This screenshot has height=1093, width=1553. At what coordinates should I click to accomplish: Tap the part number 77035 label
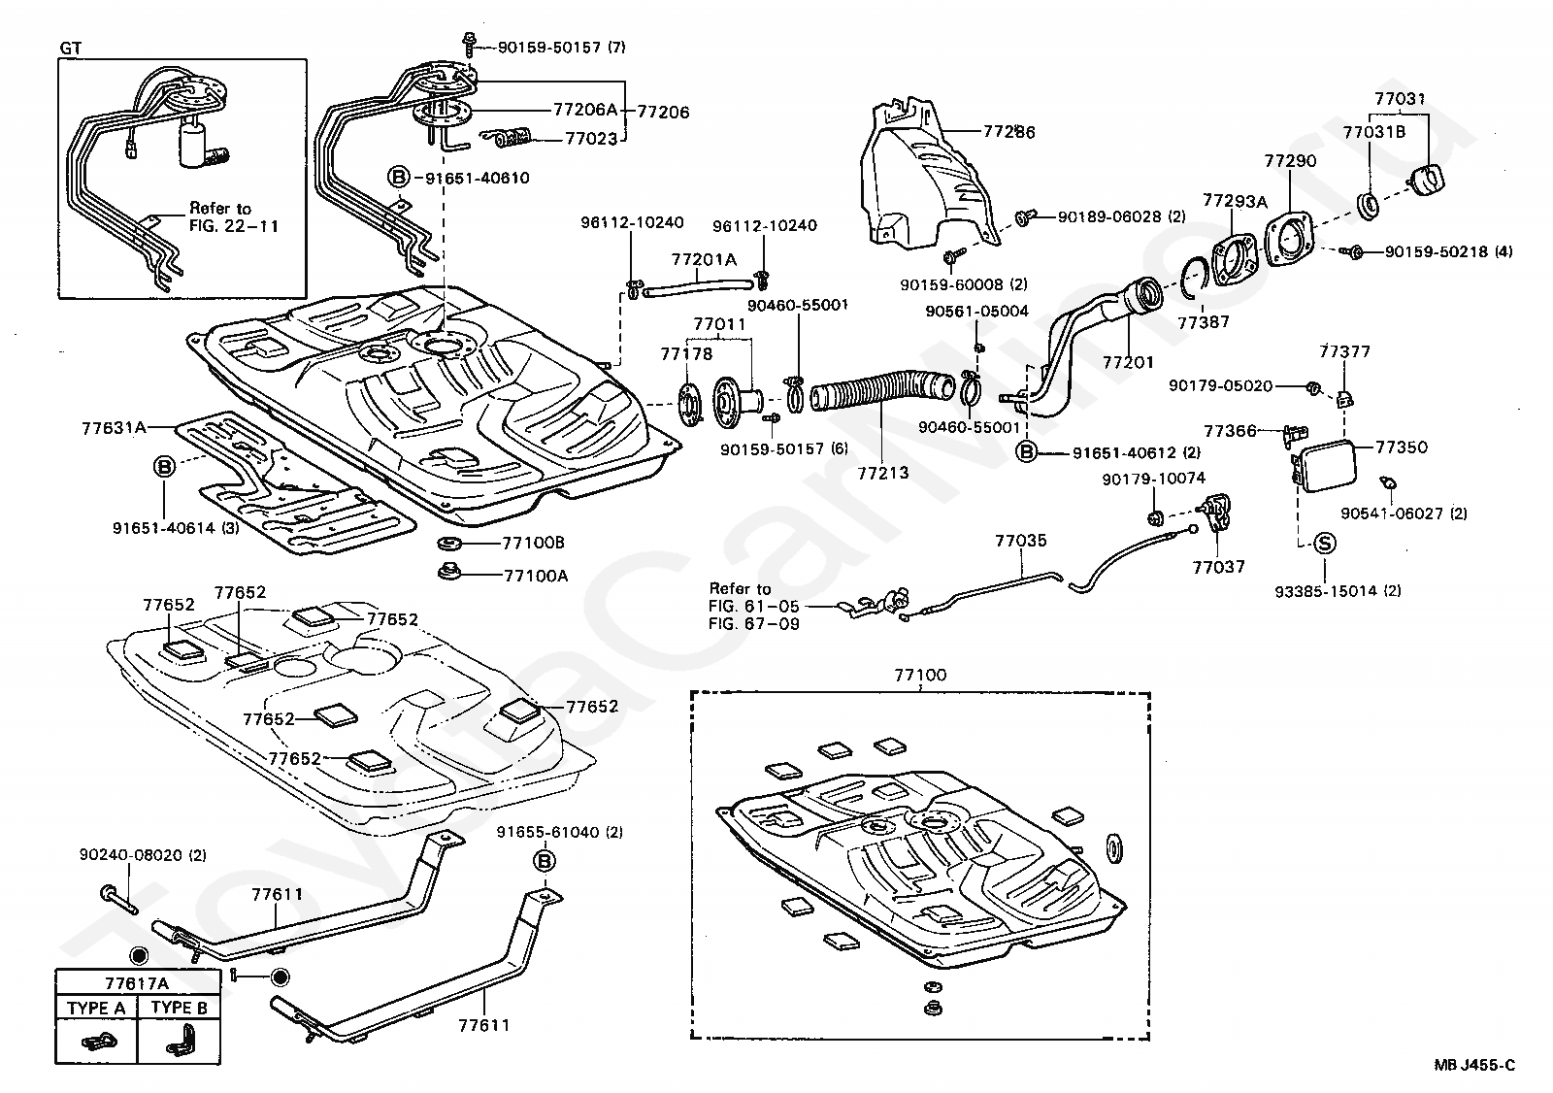point(1020,541)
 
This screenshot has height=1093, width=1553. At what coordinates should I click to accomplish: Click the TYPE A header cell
point(96,1008)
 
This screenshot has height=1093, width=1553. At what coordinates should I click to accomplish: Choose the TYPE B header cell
point(179,1008)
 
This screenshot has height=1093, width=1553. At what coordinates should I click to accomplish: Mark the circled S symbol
point(1325,546)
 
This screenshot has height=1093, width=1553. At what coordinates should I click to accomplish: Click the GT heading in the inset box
point(71,48)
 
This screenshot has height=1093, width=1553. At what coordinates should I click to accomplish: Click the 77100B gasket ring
point(449,542)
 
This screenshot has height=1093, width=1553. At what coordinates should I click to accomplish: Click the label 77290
point(1290,160)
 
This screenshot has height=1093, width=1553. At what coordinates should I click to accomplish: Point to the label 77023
point(592,139)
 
